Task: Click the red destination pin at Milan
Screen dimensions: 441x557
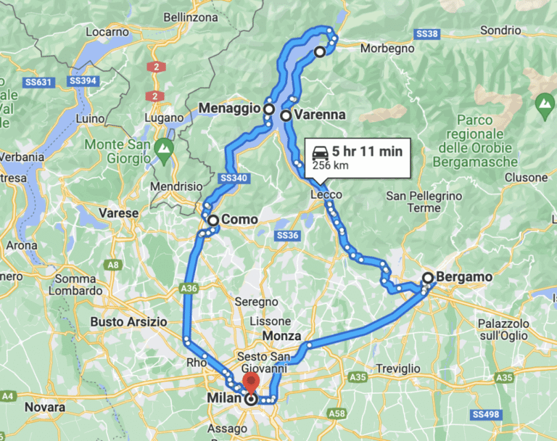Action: pos(252,384)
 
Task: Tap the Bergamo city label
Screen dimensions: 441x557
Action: pos(464,277)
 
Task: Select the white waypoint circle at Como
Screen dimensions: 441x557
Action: pos(213,220)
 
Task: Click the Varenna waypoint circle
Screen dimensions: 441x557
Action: pos(286,115)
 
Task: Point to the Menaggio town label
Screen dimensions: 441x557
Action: pos(228,109)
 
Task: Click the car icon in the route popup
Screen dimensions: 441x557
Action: pos(319,152)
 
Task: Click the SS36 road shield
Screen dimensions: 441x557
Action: pos(287,236)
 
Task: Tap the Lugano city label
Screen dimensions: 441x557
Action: pos(164,117)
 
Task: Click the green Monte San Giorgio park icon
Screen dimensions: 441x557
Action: pos(164,152)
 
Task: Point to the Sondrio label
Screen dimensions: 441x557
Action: pos(500,30)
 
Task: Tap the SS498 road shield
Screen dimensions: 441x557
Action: pos(520,414)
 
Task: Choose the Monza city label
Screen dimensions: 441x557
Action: pos(282,337)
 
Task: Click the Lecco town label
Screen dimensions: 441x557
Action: pos(326,195)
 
